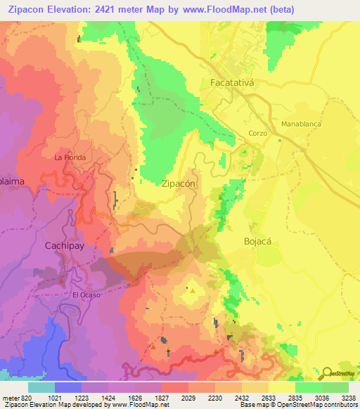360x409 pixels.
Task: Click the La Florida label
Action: click(x=70, y=157)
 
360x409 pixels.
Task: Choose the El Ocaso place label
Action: click(x=86, y=294)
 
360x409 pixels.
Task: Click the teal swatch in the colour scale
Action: click(x=41, y=387)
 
